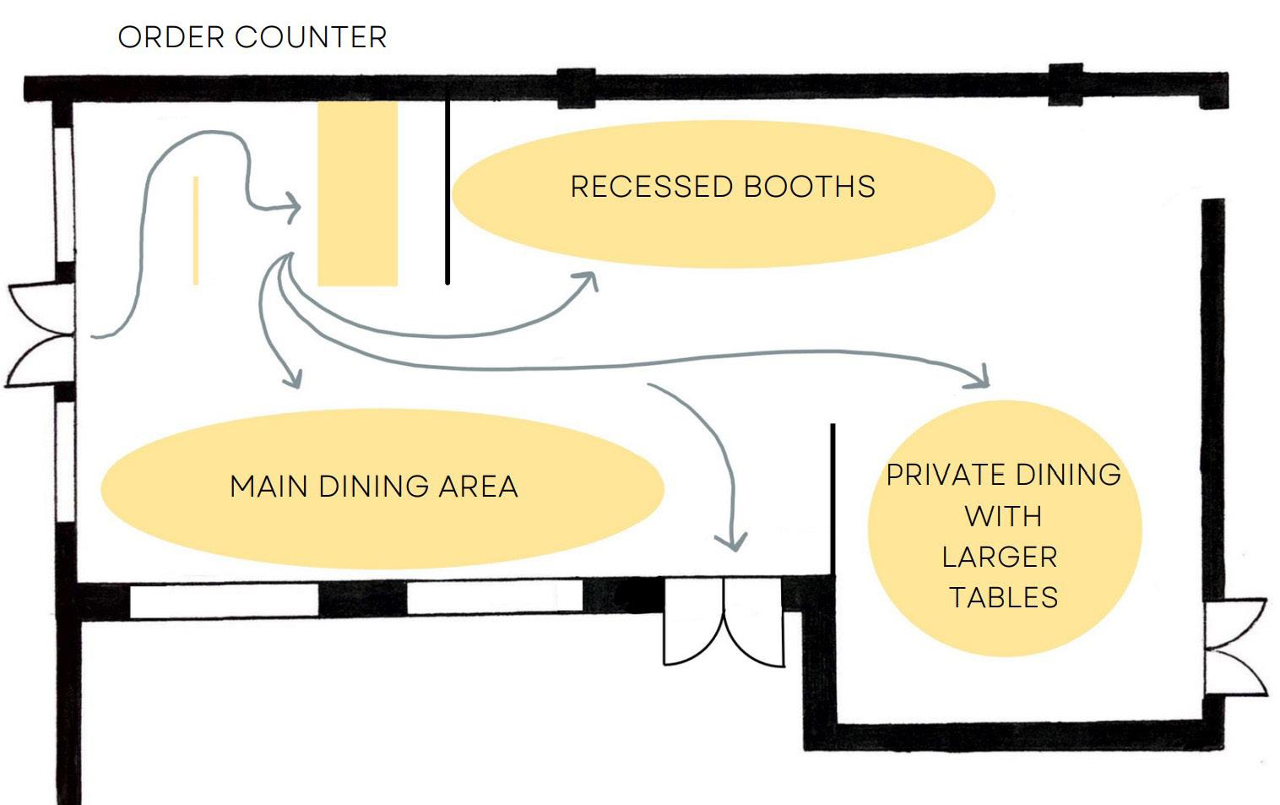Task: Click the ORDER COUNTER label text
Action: pyautogui.click(x=252, y=37)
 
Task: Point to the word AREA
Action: pyautogui.click(x=478, y=487)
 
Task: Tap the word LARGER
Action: pyautogui.click(x=1000, y=558)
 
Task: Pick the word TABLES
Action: pyautogui.click(x=1003, y=598)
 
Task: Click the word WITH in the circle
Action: pyautogui.click(x=1003, y=516)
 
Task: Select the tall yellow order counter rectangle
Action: pyautogui.click(x=357, y=193)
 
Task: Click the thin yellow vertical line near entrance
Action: pyautogui.click(x=196, y=230)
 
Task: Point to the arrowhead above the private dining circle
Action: pyautogui.click(x=981, y=378)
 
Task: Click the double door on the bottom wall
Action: pyautogui.click(x=724, y=623)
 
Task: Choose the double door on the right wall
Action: pyautogui.click(x=1234, y=647)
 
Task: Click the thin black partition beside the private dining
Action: pyautogui.click(x=833, y=498)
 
